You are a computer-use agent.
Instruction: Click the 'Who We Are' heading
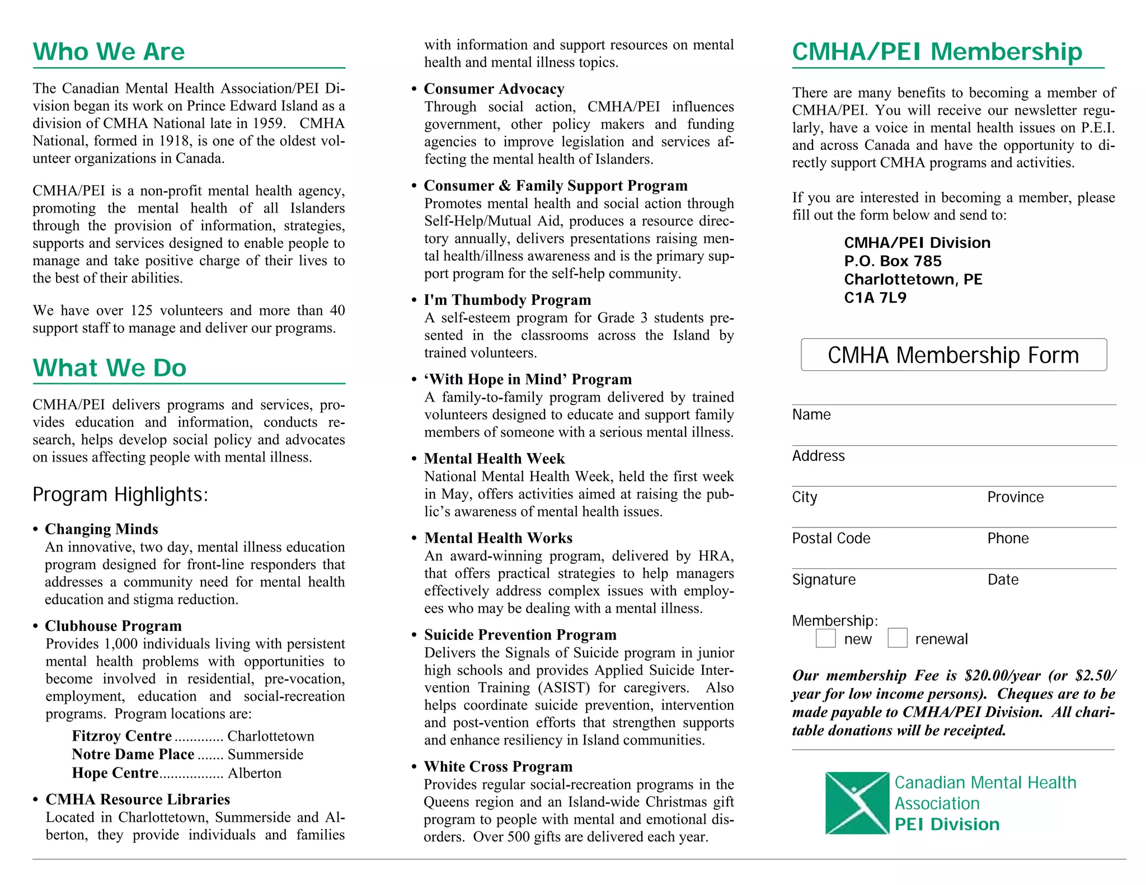tap(109, 51)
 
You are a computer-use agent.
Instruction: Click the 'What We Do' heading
tap(110, 368)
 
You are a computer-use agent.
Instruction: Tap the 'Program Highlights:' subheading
tap(120, 495)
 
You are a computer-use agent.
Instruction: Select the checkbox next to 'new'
tap(825, 638)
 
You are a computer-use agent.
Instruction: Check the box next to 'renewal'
tap(897, 638)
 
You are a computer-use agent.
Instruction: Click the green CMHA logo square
tap(857, 803)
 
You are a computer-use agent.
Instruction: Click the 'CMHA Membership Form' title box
tap(953, 355)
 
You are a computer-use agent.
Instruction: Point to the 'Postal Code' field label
tap(831, 538)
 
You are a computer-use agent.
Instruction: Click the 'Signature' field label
tap(824, 580)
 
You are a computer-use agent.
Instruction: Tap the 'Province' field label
tap(1015, 497)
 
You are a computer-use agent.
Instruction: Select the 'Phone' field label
tap(1008, 538)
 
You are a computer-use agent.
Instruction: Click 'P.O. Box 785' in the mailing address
tap(893, 261)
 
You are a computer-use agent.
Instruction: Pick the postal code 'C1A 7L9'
tap(875, 298)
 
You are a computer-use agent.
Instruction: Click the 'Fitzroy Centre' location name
tap(121, 736)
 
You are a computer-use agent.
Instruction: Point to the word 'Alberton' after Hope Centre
tap(255, 773)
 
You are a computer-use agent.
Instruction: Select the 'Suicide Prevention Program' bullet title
tap(520, 634)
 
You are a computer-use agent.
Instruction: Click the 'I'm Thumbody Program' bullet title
tap(507, 300)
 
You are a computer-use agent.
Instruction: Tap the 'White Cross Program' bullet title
tap(498, 766)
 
